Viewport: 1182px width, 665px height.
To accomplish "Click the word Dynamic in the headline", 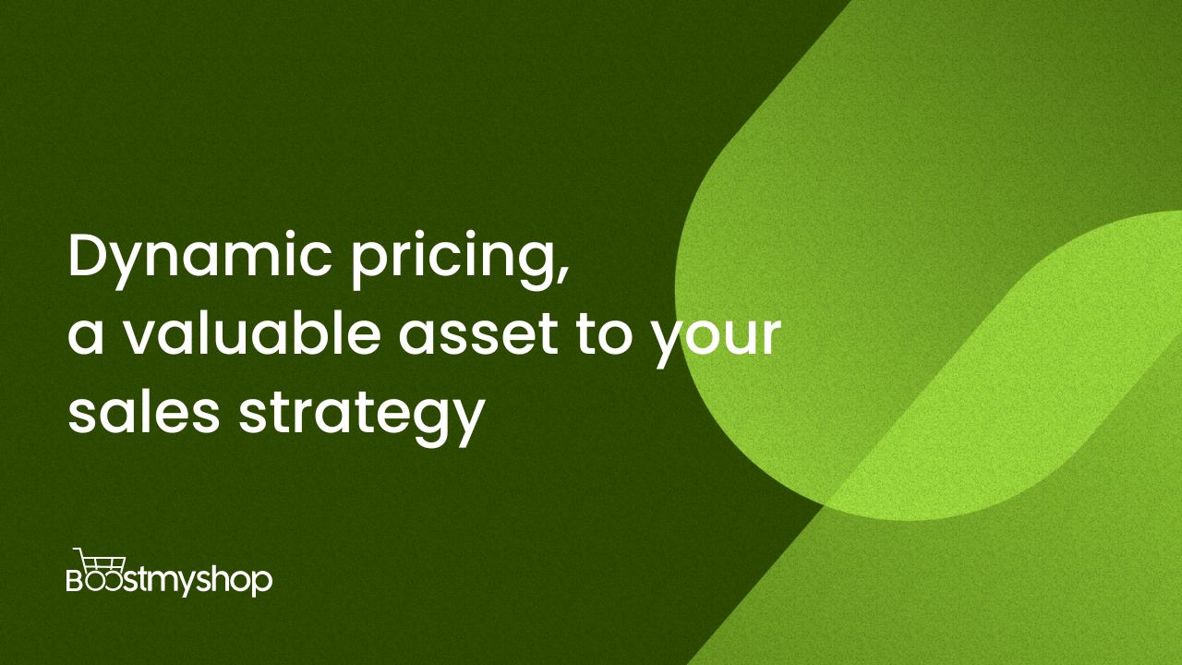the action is (x=200, y=260).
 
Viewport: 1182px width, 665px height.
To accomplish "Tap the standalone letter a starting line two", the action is (x=86, y=337).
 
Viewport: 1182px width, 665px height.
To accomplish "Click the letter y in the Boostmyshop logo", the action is (x=194, y=585).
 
